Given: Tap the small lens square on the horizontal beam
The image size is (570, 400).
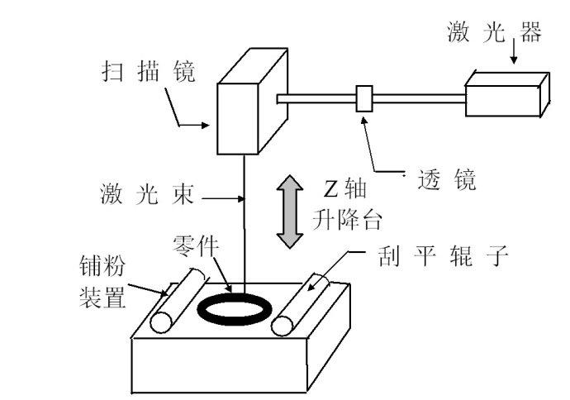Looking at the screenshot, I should [x=364, y=98].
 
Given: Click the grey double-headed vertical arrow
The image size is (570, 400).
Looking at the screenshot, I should [x=288, y=211].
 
